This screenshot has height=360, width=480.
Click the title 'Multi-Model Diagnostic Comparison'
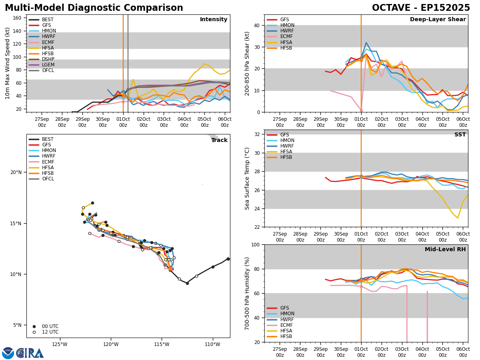click(94, 8)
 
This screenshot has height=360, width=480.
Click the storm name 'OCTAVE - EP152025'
click(421, 8)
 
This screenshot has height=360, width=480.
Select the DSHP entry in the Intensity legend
click(48, 59)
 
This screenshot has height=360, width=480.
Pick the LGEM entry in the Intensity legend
click(48, 65)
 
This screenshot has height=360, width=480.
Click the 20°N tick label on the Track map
click(16, 172)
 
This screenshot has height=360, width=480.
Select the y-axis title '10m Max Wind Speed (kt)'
click(8, 63)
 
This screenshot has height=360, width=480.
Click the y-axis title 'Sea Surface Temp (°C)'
click(247, 178)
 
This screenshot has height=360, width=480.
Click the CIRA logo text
click(30, 353)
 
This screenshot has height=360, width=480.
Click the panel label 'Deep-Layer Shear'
click(438, 20)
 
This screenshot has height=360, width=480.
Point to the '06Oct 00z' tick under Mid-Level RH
click(463, 352)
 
